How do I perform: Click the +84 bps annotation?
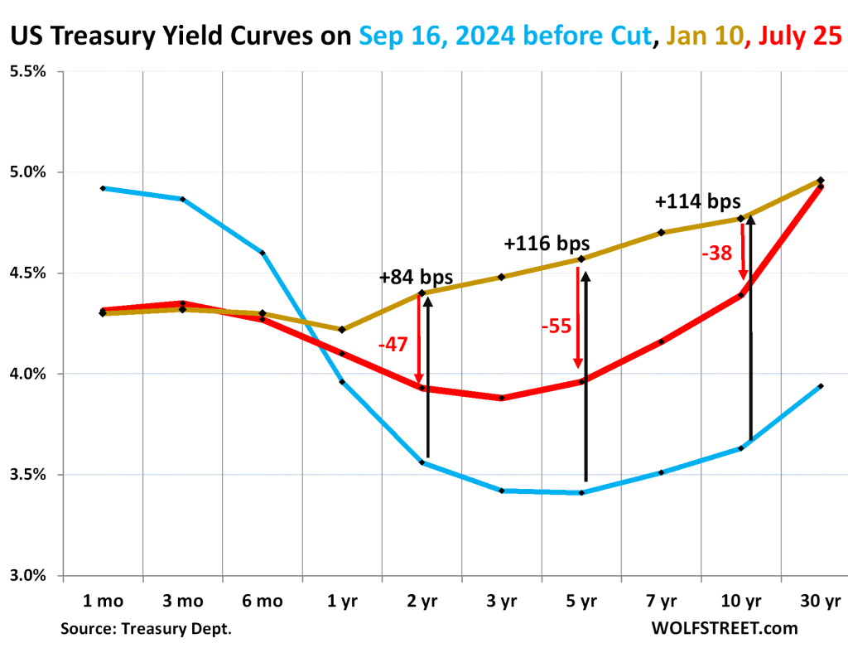(416, 277)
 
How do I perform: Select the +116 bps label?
(547, 244)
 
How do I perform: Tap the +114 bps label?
(697, 201)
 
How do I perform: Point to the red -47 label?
(393, 343)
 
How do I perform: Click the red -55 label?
(556, 326)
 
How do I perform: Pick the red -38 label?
(716, 254)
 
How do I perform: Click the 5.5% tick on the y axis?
(28, 72)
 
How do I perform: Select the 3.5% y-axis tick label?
(28, 475)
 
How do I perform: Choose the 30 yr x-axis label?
(821, 601)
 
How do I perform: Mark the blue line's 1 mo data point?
(103, 188)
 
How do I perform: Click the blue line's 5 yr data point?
(581, 493)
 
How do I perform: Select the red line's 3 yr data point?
(502, 398)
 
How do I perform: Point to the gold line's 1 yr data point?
(342, 329)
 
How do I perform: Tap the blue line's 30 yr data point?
(821, 386)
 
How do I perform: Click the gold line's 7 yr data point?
(661, 232)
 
